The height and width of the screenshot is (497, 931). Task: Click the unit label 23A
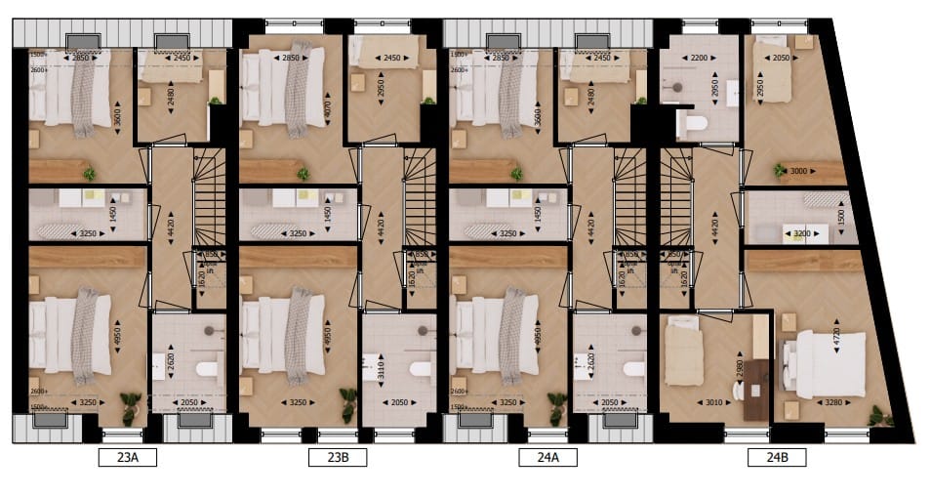click(122, 456)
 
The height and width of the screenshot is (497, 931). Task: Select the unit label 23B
click(333, 456)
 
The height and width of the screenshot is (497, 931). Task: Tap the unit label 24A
click(543, 456)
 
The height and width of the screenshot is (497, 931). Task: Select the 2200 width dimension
click(698, 59)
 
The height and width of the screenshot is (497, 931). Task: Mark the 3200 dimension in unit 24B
click(802, 234)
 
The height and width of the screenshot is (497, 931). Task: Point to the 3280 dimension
click(830, 400)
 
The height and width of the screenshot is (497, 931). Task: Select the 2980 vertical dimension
click(742, 371)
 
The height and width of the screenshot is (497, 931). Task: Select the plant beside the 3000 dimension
click(781, 170)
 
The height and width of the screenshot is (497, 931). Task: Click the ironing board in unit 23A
click(59, 231)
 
